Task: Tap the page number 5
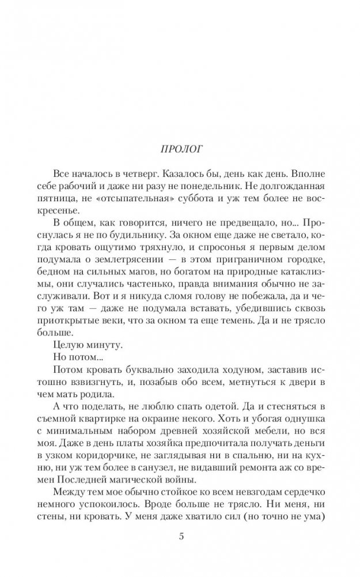[x=181, y=537]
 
